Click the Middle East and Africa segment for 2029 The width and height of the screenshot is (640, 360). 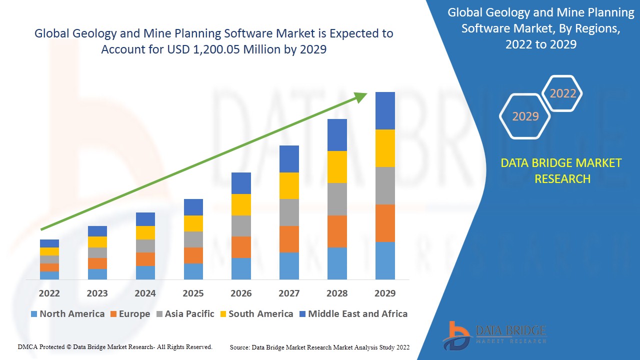[385, 110]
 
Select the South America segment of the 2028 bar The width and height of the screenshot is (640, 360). [337, 167]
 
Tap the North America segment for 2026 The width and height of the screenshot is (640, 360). [241, 268]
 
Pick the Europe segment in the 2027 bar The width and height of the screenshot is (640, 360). [289, 239]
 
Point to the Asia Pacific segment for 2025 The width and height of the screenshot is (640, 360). [193, 239]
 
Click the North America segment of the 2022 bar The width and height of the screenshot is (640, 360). [49, 275]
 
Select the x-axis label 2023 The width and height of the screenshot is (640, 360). [97, 293]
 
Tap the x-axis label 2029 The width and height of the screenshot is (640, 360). [385, 293]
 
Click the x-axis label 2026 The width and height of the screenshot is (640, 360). [241, 293]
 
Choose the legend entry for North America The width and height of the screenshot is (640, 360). [67, 314]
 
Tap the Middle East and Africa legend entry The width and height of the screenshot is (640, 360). [353, 314]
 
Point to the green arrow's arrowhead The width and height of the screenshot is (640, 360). [361, 96]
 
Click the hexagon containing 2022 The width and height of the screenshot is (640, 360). [562, 93]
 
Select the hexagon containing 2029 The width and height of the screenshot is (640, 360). [525, 116]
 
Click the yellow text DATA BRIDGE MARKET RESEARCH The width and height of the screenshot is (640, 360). [562, 171]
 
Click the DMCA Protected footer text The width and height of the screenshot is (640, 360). [115, 346]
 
